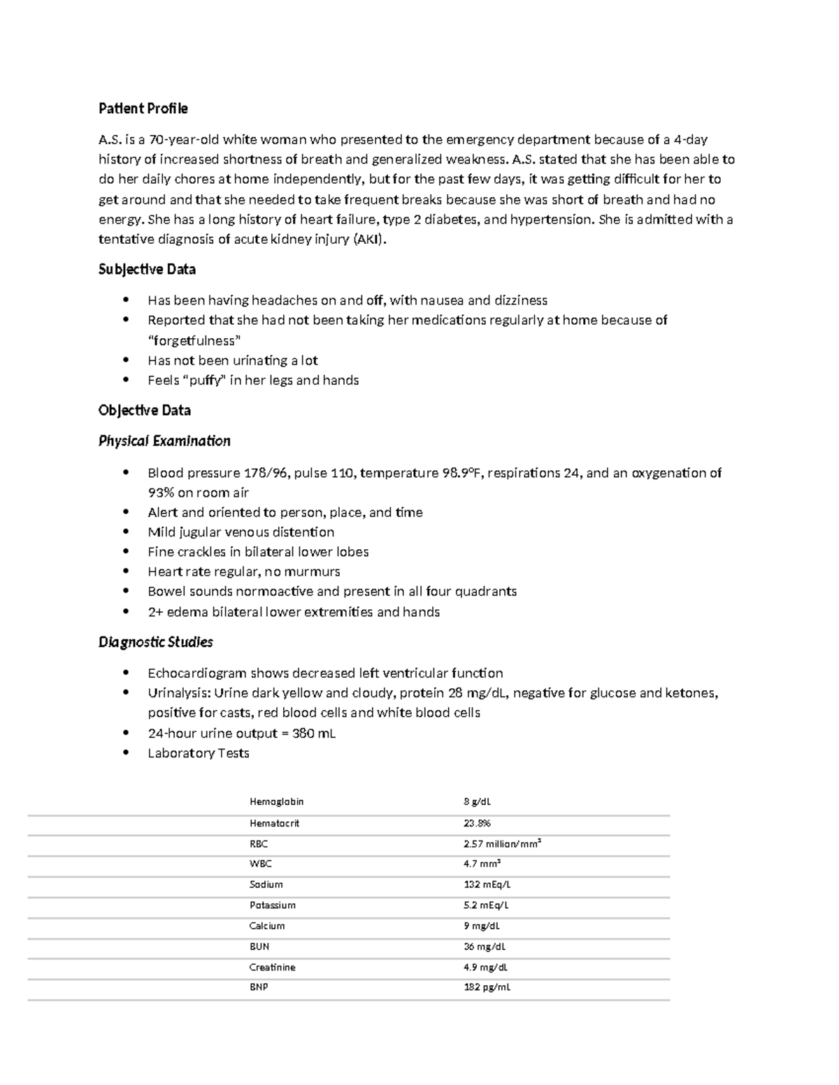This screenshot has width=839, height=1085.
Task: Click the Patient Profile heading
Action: pos(143,108)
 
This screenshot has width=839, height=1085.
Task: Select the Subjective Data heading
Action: pos(147,269)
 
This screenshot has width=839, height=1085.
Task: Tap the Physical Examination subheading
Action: pos(164,441)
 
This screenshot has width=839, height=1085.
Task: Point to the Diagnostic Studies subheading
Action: pos(155,642)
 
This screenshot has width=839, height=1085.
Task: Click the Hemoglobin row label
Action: pos(276,802)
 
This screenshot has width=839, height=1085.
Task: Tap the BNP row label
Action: pos(259,987)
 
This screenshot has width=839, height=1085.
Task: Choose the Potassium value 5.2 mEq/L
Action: pos(486,905)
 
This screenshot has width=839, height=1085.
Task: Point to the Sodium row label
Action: pos(266,884)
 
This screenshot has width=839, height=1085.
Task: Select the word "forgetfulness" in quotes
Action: pos(194,341)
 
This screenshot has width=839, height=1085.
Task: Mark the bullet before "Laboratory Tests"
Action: pos(126,752)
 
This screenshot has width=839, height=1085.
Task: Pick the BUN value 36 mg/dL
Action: pos(484,947)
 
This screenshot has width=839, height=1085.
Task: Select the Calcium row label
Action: pos(267,926)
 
